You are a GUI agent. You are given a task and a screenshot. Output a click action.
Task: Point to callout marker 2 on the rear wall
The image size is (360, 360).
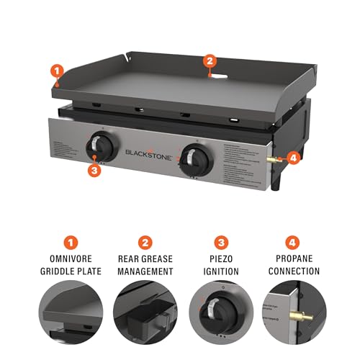pos(210,61)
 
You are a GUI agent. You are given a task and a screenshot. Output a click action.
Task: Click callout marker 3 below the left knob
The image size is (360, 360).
pos(94,170)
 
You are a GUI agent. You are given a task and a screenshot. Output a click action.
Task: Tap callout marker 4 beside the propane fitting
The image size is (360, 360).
pos(292,157)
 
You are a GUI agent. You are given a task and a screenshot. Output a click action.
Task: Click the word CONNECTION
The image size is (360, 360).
pos(294,271)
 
